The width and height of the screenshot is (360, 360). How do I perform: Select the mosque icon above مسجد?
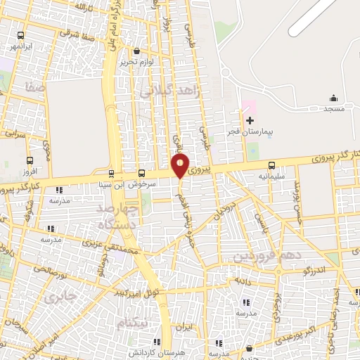(333, 98)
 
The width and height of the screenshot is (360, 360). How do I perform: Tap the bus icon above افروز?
(29, 160)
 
